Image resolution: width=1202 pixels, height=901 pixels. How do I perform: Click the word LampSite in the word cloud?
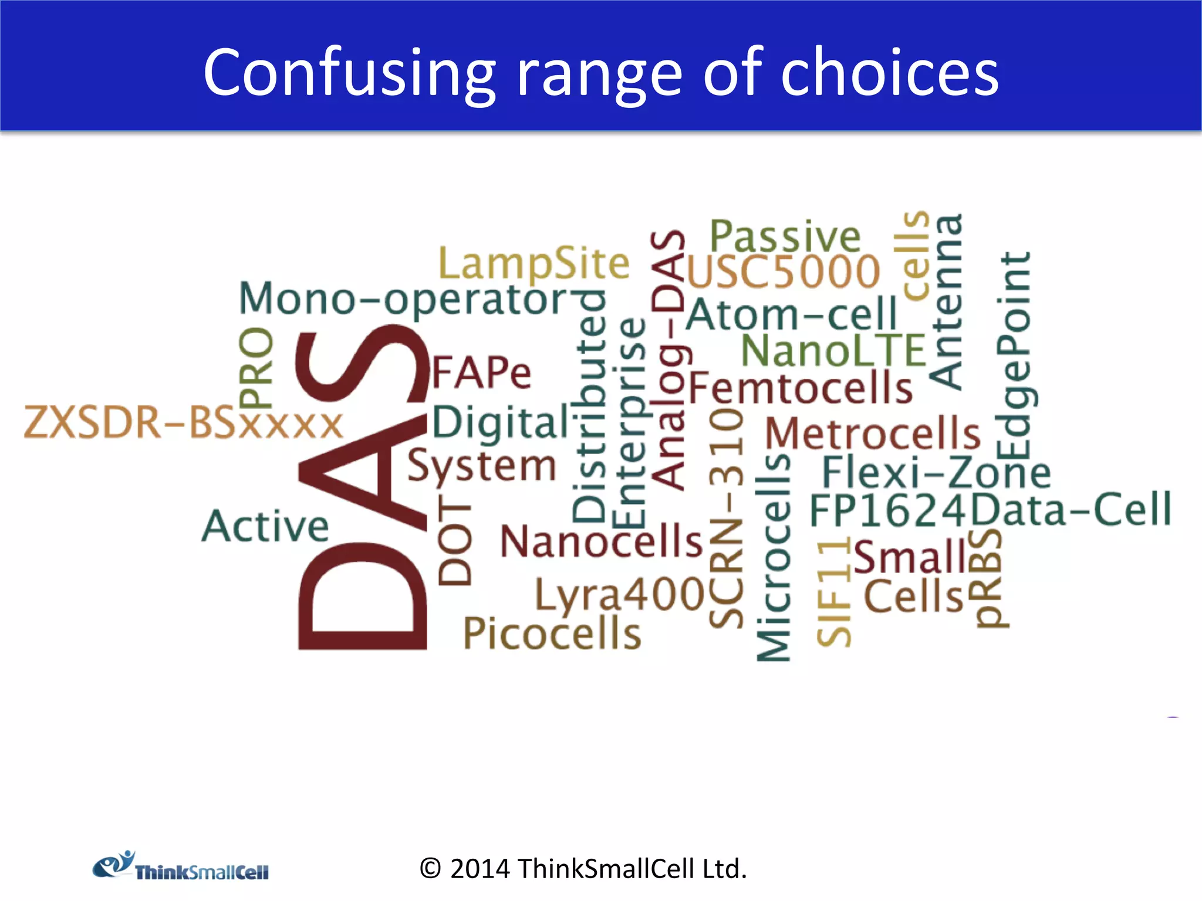pos(534,263)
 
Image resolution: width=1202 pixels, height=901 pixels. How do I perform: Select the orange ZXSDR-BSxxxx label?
pos(183,423)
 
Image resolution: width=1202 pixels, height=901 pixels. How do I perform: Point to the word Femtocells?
pos(801,388)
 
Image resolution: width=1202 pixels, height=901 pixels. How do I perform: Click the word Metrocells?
pos(873,433)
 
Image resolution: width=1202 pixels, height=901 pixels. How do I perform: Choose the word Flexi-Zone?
pos(936,472)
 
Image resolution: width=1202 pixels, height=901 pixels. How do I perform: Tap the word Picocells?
pos(552,634)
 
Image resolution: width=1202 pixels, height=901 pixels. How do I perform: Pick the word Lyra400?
pos(619,595)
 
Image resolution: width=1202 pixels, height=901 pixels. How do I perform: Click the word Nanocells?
pos(601,541)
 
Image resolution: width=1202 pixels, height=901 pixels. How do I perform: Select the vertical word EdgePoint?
pos(1014,356)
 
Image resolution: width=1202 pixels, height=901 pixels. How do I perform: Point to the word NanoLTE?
pos(833,351)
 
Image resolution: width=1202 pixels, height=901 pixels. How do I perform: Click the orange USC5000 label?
pos(784,272)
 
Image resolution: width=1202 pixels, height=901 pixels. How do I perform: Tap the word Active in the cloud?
pos(265,526)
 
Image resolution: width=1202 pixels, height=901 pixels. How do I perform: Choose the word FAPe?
pos(481,372)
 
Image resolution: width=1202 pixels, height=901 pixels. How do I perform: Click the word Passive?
pos(785,236)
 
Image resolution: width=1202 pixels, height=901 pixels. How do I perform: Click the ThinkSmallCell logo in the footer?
pos(181,866)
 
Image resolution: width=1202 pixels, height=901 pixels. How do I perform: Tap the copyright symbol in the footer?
pos(430,869)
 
